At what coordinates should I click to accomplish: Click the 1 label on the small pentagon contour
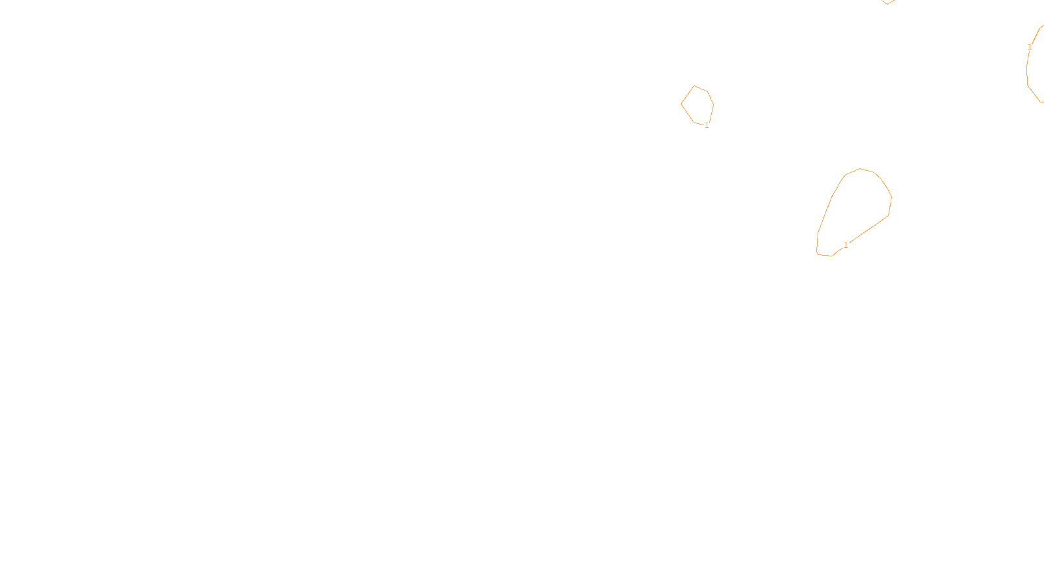(x=707, y=125)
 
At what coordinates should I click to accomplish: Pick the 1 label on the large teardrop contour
(x=846, y=245)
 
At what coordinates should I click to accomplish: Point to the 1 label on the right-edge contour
(x=1030, y=47)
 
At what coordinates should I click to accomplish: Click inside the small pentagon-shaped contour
(x=698, y=105)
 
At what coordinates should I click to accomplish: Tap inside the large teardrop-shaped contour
(x=855, y=209)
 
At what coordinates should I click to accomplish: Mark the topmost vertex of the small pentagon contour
(x=694, y=85)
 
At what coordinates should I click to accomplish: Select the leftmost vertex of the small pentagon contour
(x=681, y=104)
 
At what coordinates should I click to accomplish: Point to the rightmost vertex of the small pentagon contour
(x=714, y=104)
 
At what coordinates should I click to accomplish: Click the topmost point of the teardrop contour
(x=861, y=168)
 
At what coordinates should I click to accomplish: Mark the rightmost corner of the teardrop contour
(x=892, y=197)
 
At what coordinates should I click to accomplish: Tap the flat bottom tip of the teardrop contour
(x=824, y=255)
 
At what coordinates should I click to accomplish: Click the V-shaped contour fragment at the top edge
(x=887, y=3)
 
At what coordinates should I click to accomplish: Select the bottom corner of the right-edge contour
(x=1040, y=102)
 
